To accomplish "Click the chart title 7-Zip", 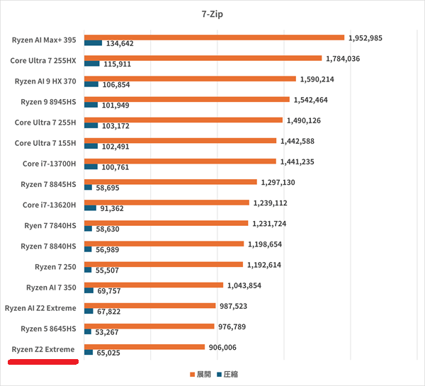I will (212, 12).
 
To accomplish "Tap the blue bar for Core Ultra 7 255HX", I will (91, 64).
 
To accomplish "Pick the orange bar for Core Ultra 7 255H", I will (183, 120).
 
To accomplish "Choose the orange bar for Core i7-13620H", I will (168, 203).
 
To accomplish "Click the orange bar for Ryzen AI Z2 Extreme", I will (149, 305).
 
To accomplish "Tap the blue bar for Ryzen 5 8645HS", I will (88, 331).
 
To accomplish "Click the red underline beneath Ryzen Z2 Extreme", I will (42, 362).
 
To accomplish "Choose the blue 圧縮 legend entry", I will (229, 374).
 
